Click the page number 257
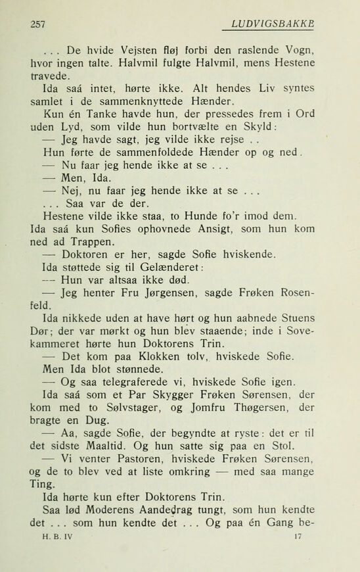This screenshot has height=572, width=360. pos(37,24)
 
